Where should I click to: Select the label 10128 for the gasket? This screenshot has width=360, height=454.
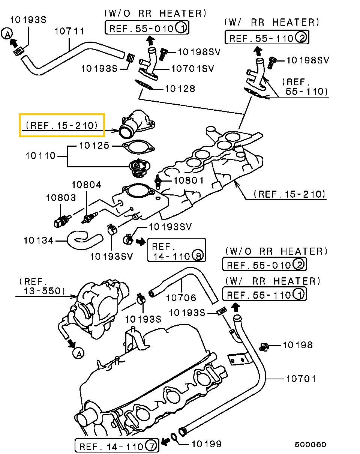pyautogui.click(x=180, y=89)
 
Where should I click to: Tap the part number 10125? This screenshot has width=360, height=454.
pyautogui.click(x=94, y=145)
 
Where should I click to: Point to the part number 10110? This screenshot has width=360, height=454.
pyautogui.click(x=40, y=155)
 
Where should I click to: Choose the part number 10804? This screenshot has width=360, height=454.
pyautogui.click(x=86, y=185)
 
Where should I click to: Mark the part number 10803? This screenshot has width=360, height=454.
pyautogui.click(x=61, y=197)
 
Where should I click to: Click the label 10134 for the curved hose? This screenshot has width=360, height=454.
pyautogui.click(x=39, y=240)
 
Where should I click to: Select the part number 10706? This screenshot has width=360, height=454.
pyautogui.click(x=181, y=298)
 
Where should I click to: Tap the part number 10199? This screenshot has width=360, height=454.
pyautogui.click(x=206, y=444)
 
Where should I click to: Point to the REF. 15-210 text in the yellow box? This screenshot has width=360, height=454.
pyautogui.click(x=62, y=125)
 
